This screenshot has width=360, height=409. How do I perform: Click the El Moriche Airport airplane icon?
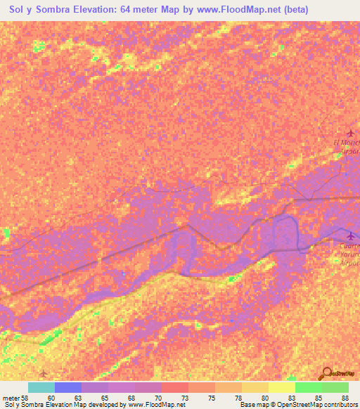tap(352, 132)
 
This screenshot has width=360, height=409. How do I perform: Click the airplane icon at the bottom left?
tap(44, 372)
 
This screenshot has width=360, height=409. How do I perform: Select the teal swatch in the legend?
tap(41, 387)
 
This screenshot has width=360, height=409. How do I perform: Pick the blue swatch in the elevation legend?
tap(68, 387)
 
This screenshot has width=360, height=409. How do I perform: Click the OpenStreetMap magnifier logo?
tap(326, 375)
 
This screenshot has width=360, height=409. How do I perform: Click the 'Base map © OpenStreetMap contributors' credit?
tap(300, 405)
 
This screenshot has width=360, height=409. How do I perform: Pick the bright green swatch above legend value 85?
tap(308, 387)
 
